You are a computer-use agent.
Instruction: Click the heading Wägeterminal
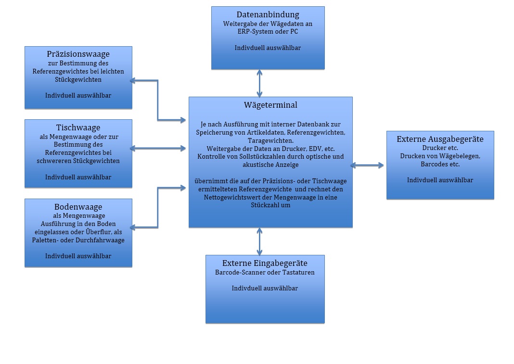pos(270,105)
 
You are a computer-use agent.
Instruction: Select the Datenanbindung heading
pos(268,14)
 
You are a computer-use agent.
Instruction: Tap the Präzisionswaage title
pos(78,54)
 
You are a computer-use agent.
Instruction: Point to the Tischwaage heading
pos(78,127)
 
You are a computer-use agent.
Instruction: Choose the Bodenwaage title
pos(78,207)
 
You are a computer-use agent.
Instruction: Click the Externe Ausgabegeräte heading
pos(440,139)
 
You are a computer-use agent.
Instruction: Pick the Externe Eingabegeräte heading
pos(265,263)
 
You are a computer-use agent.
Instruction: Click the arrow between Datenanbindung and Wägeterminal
pos(260,83)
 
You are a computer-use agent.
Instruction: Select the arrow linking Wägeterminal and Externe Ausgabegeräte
pos(368,165)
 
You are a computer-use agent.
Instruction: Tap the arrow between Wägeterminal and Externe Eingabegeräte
pos(260,241)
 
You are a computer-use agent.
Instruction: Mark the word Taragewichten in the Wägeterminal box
pos(270,141)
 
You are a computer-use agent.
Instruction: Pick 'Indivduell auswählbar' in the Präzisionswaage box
pos(78,95)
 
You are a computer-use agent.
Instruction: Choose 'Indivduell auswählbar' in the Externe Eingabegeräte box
pos(265,288)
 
